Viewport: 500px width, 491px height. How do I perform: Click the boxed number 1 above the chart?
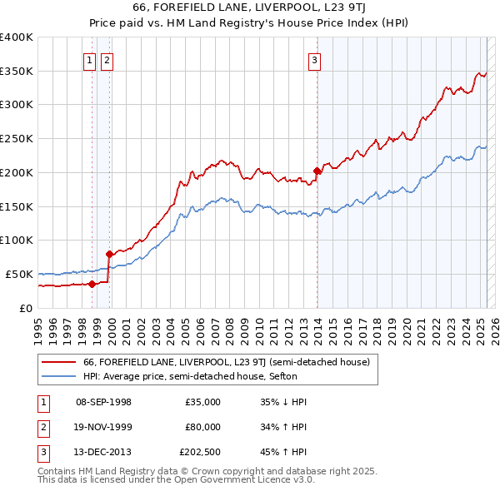[89, 59]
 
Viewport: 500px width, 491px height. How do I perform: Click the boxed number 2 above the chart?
[107, 59]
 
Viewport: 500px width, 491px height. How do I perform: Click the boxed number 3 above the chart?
[315, 59]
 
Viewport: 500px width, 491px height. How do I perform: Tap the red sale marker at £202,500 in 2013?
[317, 171]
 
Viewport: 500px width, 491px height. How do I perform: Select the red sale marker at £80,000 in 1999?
[109, 254]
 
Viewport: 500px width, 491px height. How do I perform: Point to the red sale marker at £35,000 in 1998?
[92, 284]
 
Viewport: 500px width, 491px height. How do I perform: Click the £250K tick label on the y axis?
[17, 138]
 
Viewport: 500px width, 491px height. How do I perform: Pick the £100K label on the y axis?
[17, 240]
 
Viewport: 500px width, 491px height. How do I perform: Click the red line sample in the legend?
[58, 362]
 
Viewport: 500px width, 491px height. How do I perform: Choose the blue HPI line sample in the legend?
[58, 376]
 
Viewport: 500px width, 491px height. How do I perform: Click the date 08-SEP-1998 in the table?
[103, 402]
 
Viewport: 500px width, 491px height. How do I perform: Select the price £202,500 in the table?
[200, 452]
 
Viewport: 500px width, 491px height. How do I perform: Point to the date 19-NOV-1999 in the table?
[103, 427]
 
